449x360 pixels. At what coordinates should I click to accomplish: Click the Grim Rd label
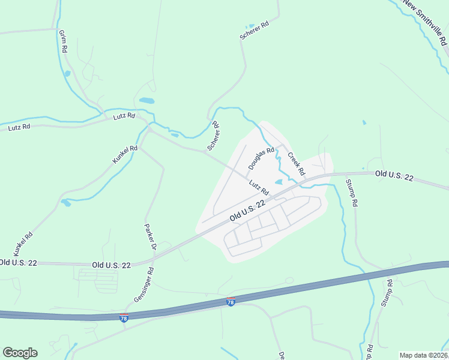click(x=62, y=41)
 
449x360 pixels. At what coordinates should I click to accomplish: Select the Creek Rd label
click(x=296, y=164)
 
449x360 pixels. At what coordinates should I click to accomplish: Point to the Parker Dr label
click(x=150, y=236)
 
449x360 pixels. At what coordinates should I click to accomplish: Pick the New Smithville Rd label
click(x=425, y=22)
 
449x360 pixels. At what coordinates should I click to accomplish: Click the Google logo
click(x=20, y=353)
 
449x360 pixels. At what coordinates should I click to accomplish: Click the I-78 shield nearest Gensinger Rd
click(x=124, y=316)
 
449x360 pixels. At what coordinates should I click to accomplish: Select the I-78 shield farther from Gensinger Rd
click(x=231, y=302)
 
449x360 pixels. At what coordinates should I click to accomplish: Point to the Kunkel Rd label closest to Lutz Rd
click(x=125, y=155)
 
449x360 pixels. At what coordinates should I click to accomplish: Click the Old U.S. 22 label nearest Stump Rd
click(x=394, y=175)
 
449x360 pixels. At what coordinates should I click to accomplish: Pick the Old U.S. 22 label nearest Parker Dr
click(x=112, y=264)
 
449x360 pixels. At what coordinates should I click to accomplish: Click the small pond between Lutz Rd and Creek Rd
click(x=279, y=182)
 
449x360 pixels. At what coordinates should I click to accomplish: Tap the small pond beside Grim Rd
click(x=67, y=74)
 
